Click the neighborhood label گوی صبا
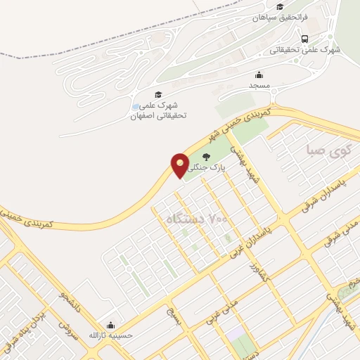click(328, 150)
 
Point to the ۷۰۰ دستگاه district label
click(197, 220)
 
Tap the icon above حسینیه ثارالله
click(110, 325)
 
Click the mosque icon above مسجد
click(259, 75)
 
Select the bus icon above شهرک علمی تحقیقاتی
click(304, 39)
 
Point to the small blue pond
click(136, 107)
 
